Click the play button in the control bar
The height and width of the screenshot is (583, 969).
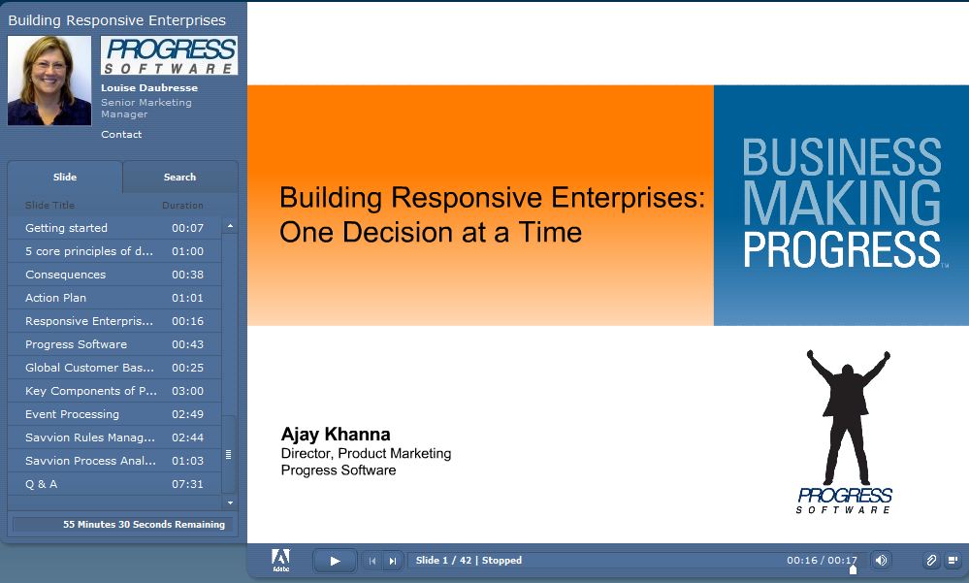[x=335, y=561]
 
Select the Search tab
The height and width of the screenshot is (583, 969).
[x=179, y=177]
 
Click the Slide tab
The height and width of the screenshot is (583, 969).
[x=65, y=177]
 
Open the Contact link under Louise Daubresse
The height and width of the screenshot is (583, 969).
[x=121, y=134]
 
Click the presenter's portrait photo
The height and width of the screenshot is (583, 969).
[x=49, y=81]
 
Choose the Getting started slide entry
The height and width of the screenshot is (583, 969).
[x=66, y=228]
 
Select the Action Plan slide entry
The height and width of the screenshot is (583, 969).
[x=55, y=298]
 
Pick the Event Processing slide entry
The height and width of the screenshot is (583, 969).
[x=72, y=414]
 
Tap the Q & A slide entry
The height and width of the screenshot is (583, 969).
[x=41, y=484]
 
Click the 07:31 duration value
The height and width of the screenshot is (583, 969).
[x=187, y=484]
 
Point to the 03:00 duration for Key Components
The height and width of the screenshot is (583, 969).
[x=187, y=391]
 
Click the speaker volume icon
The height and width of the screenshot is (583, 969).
[x=882, y=560]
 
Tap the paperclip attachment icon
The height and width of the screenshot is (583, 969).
[x=930, y=560]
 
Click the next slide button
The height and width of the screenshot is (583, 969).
[x=393, y=561]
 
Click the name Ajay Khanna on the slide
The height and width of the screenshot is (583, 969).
[x=336, y=434]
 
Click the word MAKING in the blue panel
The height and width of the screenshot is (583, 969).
[x=842, y=203]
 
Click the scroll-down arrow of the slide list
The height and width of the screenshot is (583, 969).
[x=230, y=502]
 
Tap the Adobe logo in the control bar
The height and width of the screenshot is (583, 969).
[x=280, y=560]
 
